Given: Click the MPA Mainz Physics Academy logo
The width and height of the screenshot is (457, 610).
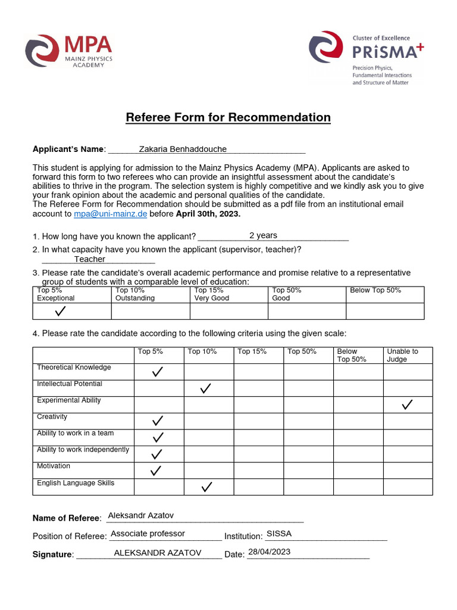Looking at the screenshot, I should [68, 51].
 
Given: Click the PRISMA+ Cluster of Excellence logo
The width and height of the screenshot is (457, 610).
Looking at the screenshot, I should [366, 58].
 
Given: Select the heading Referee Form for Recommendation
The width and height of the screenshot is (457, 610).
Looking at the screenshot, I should [228, 117].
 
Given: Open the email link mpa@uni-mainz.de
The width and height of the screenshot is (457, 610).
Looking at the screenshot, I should [110, 214].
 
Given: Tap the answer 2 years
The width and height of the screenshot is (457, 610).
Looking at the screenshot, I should [263, 235].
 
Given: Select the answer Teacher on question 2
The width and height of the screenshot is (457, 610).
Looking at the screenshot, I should [89, 259].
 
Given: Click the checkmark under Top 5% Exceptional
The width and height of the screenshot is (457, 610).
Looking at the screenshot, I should [60, 312].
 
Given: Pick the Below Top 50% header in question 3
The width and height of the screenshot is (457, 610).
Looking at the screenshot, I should [375, 290].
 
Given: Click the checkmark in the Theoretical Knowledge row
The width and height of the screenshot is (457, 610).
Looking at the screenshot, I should [158, 372].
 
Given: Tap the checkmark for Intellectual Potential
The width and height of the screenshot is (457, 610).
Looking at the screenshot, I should [206, 388].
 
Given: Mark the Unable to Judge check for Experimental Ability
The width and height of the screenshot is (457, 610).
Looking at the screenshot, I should [407, 404].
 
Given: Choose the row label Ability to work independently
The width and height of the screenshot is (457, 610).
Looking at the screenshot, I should [83, 450].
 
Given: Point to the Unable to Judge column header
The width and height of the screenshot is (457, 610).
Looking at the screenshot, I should [402, 355].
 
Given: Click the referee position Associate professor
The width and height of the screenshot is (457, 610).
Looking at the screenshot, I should [148, 534].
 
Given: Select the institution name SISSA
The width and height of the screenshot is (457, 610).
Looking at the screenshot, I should [279, 534].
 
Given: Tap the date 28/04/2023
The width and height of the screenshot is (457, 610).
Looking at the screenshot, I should [269, 552].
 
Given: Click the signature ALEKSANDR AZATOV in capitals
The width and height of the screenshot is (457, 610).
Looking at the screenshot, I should [158, 553].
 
